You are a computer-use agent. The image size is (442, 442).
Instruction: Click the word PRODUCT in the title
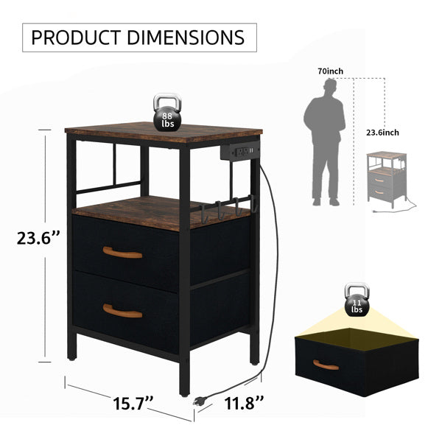pyautogui.click(x=76, y=38)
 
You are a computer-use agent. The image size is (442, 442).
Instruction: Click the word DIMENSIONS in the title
pyautogui.click(x=186, y=38)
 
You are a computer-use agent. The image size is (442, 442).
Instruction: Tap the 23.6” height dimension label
pyautogui.click(x=38, y=238)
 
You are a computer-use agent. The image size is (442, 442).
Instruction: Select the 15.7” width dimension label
pyautogui.click(x=133, y=404)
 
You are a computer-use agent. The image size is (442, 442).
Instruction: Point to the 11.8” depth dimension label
pyautogui.click(x=244, y=403)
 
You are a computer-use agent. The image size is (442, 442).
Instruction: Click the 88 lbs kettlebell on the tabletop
pyautogui.click(x=167, y=113)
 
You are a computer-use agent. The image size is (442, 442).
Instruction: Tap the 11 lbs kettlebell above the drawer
pyautogui.click(x=357, y=301)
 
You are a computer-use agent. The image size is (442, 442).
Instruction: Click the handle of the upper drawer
pyautogui.click(x=122, y=253)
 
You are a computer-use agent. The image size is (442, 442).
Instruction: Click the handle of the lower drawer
pyautogui.click(x=122, y=311)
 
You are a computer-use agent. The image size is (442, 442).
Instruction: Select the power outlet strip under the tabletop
pyautogui.click(x=240, y=153)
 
